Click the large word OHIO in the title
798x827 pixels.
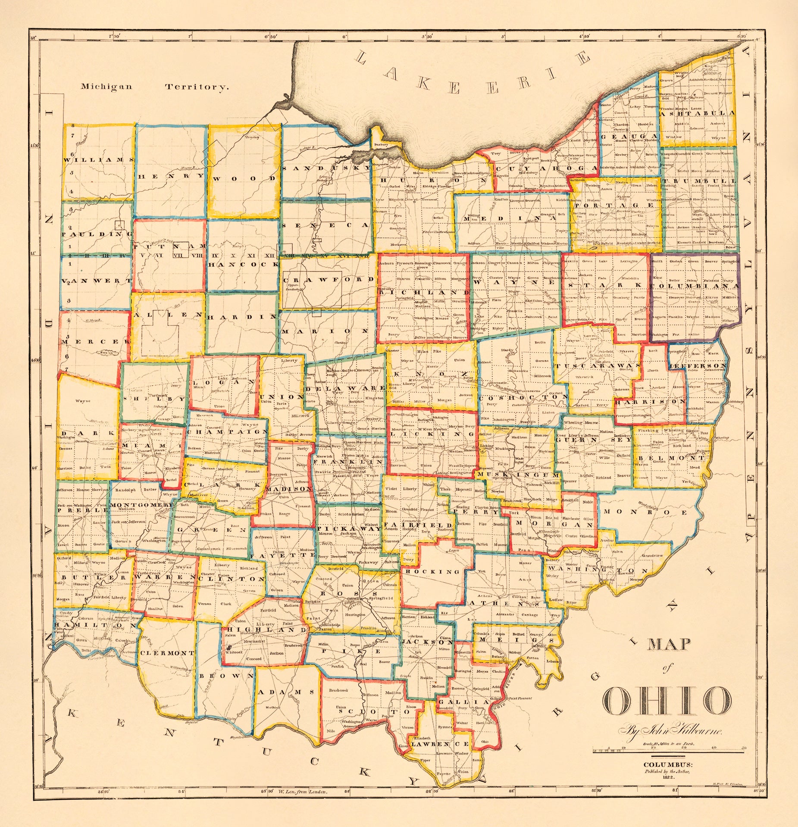tap(667, 700)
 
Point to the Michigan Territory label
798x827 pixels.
tap(154, 87)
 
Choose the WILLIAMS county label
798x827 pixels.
tap(99, 159)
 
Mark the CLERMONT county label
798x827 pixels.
tap(167, 653)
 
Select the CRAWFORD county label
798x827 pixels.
tap(329, 279)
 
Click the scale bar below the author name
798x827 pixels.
tap(668, 753)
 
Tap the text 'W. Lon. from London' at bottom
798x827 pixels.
tap(304, 792)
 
